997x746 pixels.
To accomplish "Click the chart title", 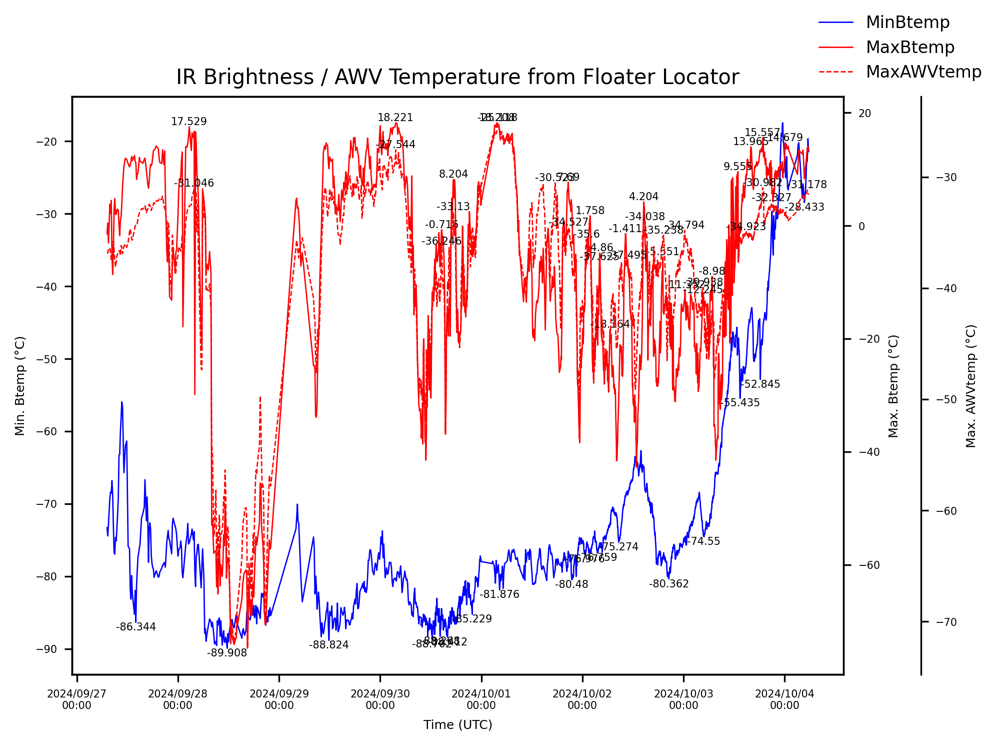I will click(457, 78).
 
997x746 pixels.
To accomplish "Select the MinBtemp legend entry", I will click(907, 23).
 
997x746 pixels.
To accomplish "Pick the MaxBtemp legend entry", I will click(909, 47).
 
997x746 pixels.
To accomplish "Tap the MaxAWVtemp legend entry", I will click(923, 72).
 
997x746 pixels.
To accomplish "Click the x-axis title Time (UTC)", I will click(457, 724).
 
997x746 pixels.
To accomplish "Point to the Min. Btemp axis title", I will click(20, 386).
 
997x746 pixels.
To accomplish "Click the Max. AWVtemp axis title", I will click(970, 386).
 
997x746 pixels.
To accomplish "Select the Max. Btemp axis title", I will click(893, 386).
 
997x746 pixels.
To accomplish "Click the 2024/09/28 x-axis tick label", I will click(177, 699).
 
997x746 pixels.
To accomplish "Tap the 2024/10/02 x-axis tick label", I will click(582, 699).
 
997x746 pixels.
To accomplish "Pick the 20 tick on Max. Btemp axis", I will click(864, 114).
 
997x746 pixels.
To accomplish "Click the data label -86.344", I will click(136, 627).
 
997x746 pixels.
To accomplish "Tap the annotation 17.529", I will click(188, 122).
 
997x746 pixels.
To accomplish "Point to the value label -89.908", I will click(227, 653).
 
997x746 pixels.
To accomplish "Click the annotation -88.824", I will click(328, 645).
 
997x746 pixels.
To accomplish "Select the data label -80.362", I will click(668, 584).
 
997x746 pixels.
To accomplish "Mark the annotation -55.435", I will click(739, 403).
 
